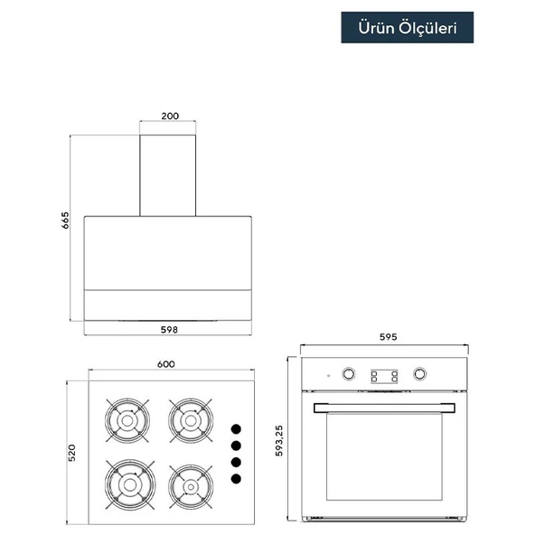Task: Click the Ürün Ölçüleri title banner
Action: click(x=407, y=27)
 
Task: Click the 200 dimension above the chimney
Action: click(x=170, y=116)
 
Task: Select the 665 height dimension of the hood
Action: click(x=65, y=221)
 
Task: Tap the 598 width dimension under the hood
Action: click(x=169, y=330)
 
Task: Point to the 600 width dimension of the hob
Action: click(x=166, y=364)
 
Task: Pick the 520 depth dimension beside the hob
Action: click(x=71, y=453)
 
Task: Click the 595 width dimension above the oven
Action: click(x=389, y=337)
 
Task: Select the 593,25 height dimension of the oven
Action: click(x=279, y=440)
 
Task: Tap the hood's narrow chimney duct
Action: click(x=167, y=175)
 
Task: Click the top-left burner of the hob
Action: click(x=127, y=421)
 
